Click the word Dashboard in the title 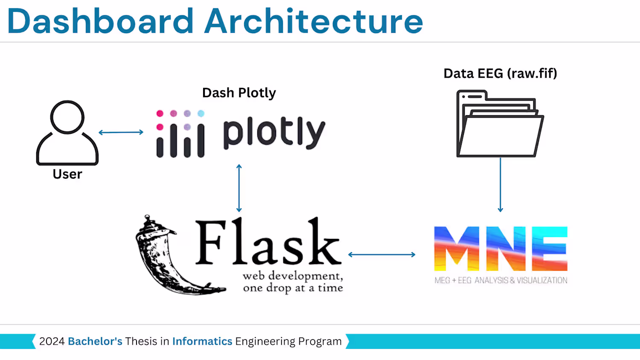pos(101,21)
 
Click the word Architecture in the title pos(314,21)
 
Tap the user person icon pos(67,133)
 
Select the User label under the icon pos(67,174)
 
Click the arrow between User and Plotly pos(121,132)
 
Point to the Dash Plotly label pos(239,93)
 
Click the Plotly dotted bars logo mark pos(180,134)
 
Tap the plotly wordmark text pos(274,133)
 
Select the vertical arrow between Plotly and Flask pos(239,188)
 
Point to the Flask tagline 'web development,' pos(293,276)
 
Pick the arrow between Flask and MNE pos(382,255)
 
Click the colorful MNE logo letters pos(500,249)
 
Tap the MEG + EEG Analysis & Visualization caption pos(501,280)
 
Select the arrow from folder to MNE pos(500,185)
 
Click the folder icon pos(500,124)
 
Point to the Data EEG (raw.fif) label pos(500,73)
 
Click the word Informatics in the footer pos(202,341)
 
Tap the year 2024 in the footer pos(52,341)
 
